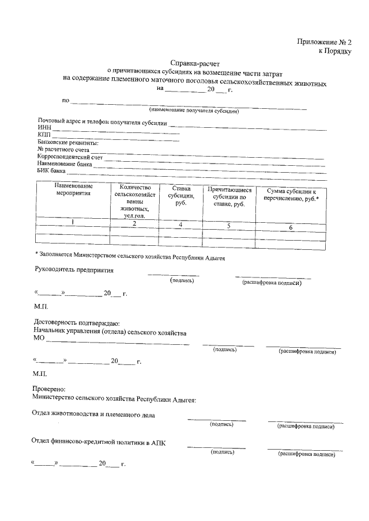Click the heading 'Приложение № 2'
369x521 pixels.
tap(324, 41)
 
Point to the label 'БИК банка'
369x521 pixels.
tap(51, 171)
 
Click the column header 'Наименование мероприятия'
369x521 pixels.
tap(74, 191)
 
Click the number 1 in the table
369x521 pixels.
tap(73, 222)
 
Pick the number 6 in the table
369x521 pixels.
tap(291, 228)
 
